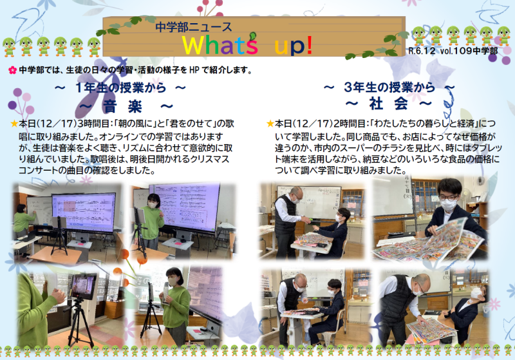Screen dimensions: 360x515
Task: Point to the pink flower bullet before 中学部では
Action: pos(12,70)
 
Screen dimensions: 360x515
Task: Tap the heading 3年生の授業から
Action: pos(389,87)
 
